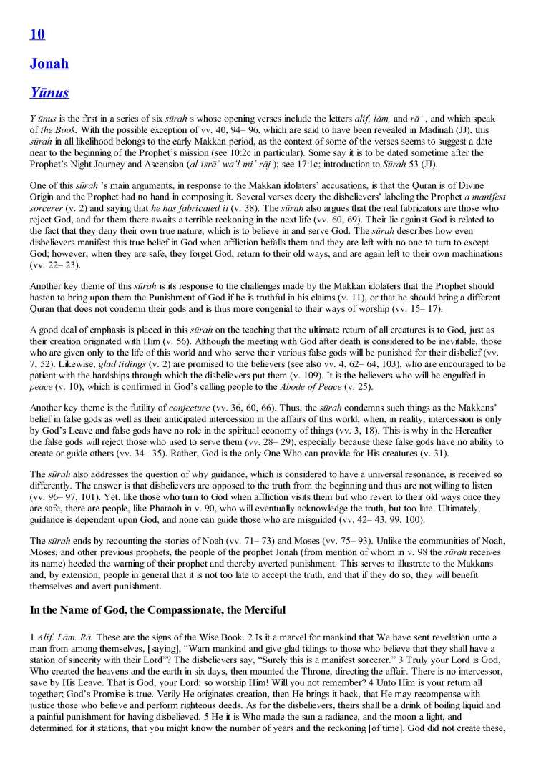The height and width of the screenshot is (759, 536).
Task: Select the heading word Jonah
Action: click(x=49, y=63)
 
